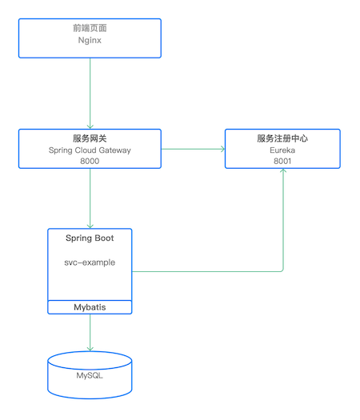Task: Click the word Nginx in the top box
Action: coord(89,43)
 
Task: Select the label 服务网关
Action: coord(90,138)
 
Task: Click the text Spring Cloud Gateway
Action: coord(90,150)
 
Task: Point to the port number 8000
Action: coord(90,161)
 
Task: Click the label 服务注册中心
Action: coord(282,138)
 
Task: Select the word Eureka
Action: coord(282,150)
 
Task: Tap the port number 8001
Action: coord(282,161)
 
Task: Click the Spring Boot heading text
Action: coord(89,238)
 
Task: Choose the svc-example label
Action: coord(89,262)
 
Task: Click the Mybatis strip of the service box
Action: coord(89,307)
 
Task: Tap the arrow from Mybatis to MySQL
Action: coord(90,332)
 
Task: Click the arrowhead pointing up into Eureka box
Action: coord(283,174)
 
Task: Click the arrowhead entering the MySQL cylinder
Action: coord(90,348)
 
